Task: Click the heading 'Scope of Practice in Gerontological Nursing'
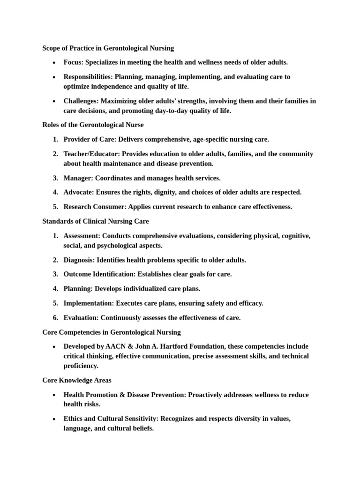pos(108,48)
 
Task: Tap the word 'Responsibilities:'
pos(88,77)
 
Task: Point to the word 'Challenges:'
pos(81,101)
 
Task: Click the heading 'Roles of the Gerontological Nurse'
pos(93,125)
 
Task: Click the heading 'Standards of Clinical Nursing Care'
pos(96,221)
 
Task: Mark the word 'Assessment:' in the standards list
pos(82,236)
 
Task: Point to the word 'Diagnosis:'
pos(79,260)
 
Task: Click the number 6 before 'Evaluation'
pos(55,318)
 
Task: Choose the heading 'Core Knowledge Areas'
pos(76,381)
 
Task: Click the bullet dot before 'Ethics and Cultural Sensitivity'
pos(54,419)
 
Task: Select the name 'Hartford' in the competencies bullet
pos(176,347)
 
